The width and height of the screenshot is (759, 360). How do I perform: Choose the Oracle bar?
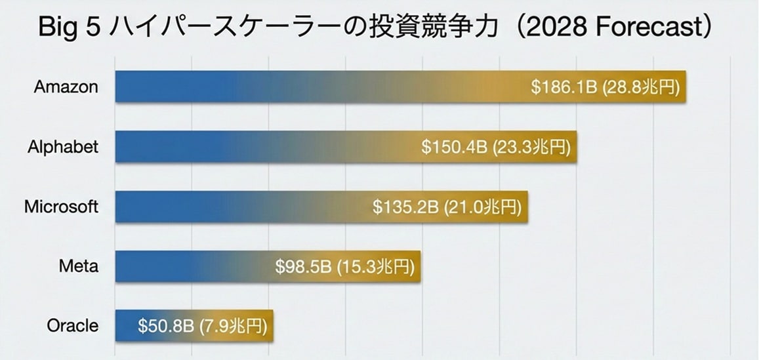[x=125, y=326]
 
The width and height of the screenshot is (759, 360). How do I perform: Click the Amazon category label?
[x=66, y=87]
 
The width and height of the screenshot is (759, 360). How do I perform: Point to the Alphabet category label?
[x=63, y=147]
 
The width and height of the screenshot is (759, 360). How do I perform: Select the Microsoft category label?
[x=61, y=207]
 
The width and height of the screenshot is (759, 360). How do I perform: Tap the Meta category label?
[x=79, y=266]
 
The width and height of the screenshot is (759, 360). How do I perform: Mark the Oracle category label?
[x=73, y=326]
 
